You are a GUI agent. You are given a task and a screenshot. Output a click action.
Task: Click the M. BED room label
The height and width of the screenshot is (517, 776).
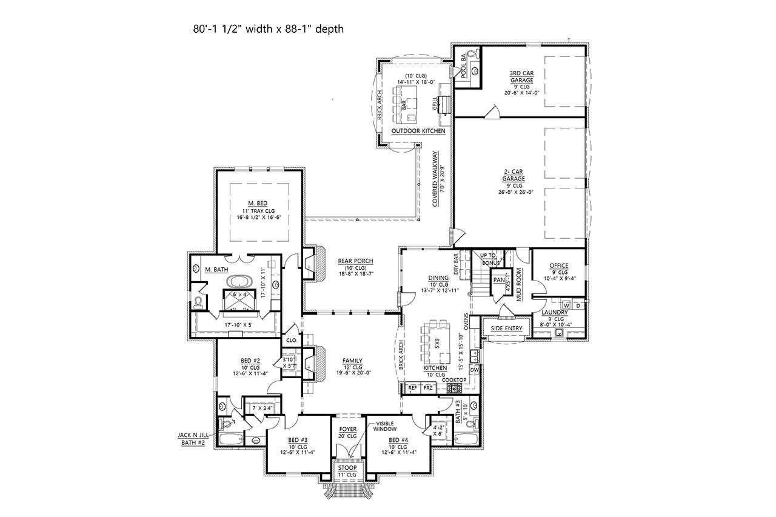point(258,203)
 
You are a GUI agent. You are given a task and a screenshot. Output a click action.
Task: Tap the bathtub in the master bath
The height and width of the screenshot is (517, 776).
point(241,282)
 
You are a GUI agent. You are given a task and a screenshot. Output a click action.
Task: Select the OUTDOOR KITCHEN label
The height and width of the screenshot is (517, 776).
point(418,131)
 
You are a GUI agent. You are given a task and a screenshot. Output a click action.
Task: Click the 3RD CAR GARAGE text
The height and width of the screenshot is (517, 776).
point(521,76)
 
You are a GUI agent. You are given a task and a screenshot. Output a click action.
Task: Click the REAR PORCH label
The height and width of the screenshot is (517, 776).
point(355,261)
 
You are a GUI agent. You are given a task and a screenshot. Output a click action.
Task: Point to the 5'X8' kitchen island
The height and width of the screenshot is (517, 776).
point(436,340)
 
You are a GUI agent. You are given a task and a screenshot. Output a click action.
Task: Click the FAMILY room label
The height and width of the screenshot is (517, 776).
point(352,360)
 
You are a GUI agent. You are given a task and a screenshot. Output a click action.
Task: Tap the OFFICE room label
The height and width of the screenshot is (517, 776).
point(558,265)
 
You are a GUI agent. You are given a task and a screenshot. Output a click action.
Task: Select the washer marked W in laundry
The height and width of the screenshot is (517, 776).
point(566,305)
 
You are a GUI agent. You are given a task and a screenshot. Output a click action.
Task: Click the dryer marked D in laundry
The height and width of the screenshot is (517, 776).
point(578,305)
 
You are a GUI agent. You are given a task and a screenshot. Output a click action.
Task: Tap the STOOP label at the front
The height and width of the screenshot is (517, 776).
point(348,467)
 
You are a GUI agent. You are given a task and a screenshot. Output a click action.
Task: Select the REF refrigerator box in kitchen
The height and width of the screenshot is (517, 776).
point(413,387)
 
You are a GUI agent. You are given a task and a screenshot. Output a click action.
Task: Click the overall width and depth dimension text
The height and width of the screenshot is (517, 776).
point(266,28)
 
